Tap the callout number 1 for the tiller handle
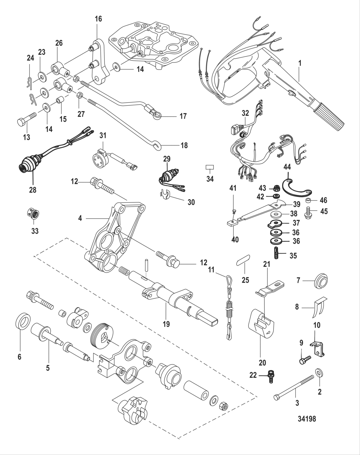[300, 63]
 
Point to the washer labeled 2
[320, 373]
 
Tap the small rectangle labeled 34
[210, 167]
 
